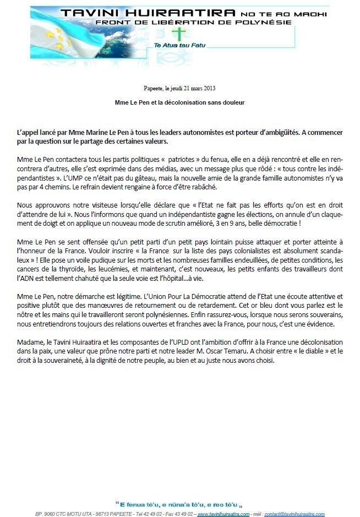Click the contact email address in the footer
pyautogui.click(x=294, y=513)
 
